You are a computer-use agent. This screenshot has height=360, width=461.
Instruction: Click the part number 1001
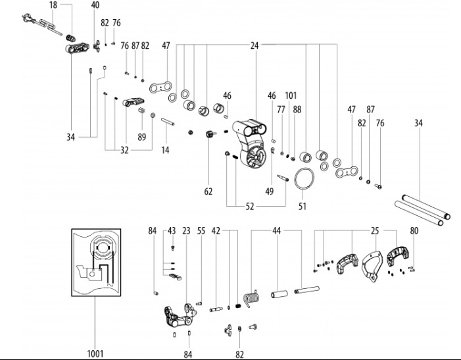(95, 353)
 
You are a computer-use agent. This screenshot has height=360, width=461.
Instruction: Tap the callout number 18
(53, 5)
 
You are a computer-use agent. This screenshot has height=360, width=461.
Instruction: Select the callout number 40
(95, 5)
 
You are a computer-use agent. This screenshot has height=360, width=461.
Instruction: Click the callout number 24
(255, 45)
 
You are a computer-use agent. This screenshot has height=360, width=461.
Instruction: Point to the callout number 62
(208, 192)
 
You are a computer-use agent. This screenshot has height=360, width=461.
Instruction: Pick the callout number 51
(303, 205)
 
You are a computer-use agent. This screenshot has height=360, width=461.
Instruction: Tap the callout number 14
(165, 151)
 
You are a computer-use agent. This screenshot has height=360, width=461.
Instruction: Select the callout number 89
(141, 137)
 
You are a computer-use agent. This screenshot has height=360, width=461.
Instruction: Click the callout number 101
(291, 95)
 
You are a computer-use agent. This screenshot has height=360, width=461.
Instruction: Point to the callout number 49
(269, 191)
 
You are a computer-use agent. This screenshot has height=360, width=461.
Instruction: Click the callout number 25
(375, 231)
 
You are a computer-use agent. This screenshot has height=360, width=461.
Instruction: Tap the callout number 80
(414, 231)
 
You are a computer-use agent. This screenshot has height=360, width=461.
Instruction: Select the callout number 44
(277, 231)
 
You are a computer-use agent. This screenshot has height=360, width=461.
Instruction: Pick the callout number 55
(201, 231)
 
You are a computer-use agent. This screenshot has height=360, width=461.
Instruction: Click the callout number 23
(186, 231)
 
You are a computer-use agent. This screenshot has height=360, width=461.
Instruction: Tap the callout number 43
(172, 231)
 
